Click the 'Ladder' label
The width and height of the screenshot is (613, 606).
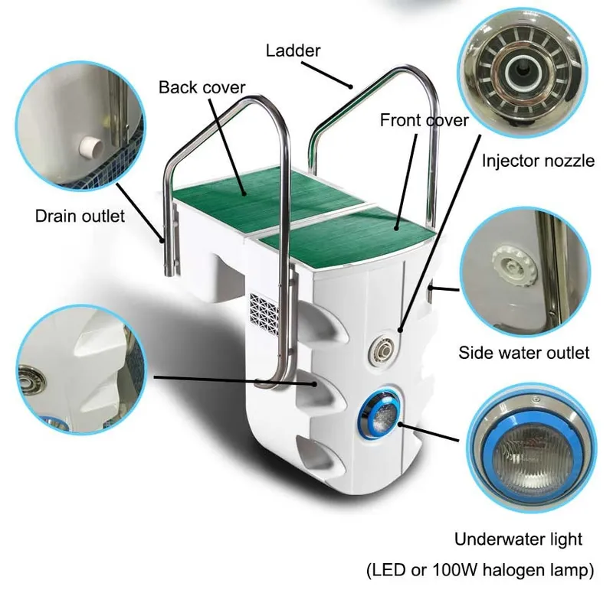point(293,50)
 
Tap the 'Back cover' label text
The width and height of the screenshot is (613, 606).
point(202,87)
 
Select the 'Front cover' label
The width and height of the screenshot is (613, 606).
point(425,120)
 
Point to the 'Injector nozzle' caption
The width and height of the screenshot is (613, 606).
point(538,161)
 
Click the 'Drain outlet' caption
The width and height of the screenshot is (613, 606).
point(80,216)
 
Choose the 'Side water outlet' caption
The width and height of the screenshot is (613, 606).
point(524,353)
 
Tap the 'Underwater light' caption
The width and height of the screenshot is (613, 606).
point(519,539)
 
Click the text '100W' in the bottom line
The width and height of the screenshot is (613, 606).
point(455,570)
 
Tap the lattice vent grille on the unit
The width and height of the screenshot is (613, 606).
point(264,313)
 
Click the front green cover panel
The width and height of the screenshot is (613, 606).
point(347,233)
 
